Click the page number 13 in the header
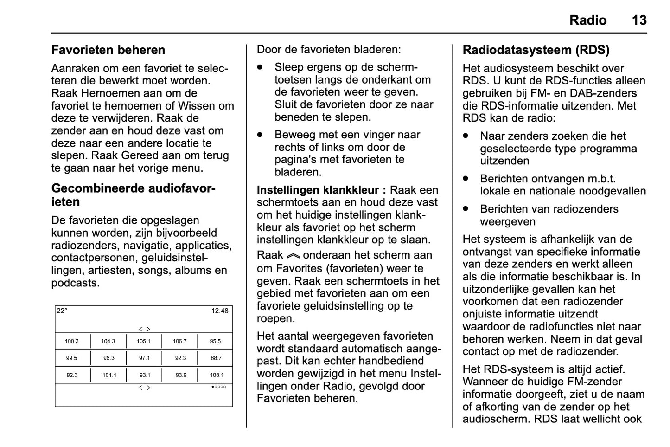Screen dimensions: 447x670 coord(639,20)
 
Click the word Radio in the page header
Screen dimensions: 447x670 coord(587,20)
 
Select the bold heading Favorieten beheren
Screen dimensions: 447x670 coord(108,50)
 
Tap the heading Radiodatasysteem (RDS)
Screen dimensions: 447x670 coord(536,50)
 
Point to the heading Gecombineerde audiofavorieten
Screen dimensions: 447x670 coord(133,195)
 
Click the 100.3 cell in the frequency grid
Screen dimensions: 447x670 coord(72,341)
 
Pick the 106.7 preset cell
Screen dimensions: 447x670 coord(179,341)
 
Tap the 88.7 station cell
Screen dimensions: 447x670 coord(216,358)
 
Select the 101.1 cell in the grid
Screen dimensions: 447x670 coord(109,375)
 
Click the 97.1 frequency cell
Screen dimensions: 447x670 coord(144,358)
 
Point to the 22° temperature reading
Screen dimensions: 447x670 coord(62,311)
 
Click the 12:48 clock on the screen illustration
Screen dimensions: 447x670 coord(220,311)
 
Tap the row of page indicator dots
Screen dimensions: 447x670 coord(219,387)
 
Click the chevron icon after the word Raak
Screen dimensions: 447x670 coord(293,256)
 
